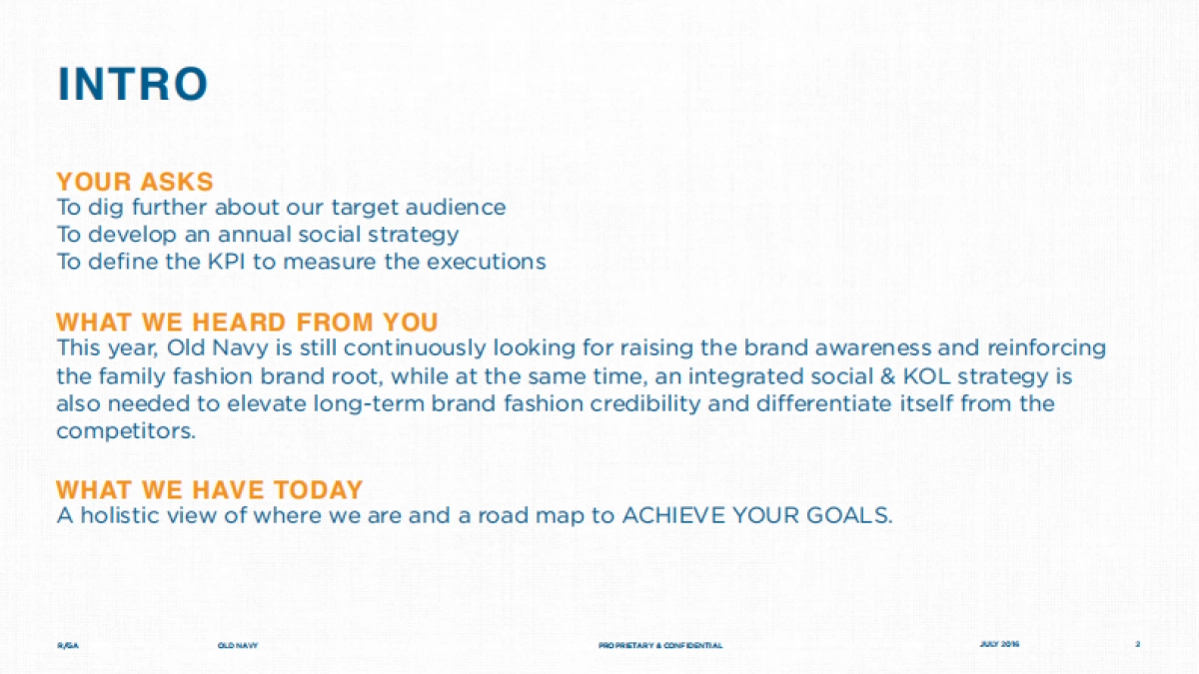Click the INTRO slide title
click(132, 84)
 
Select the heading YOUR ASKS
click(135, 182)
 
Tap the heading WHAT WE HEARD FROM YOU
click(247, 323)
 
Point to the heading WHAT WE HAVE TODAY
click(209, 490)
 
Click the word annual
click(251, 235)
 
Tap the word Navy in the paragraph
click(240, 348)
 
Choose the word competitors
click(126, 431)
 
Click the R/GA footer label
click(68, 646)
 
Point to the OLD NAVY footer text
click(238, 646)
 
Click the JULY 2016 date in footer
click(999, 644)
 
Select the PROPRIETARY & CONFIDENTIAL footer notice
click(660, 646)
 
